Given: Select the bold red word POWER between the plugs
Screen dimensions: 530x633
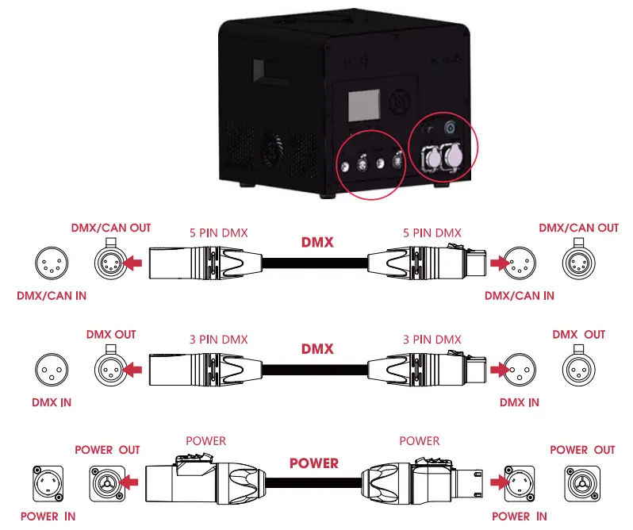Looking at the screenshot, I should point(314,463).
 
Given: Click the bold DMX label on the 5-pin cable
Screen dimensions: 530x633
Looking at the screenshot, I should point(317,243).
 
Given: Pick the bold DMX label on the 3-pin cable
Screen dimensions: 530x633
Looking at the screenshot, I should point(317,349).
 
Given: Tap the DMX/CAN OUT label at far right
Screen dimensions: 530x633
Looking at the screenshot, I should point(578,228).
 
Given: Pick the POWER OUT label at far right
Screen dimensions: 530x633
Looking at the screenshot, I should point(582,450).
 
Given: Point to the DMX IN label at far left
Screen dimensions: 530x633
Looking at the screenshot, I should point(52,402).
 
